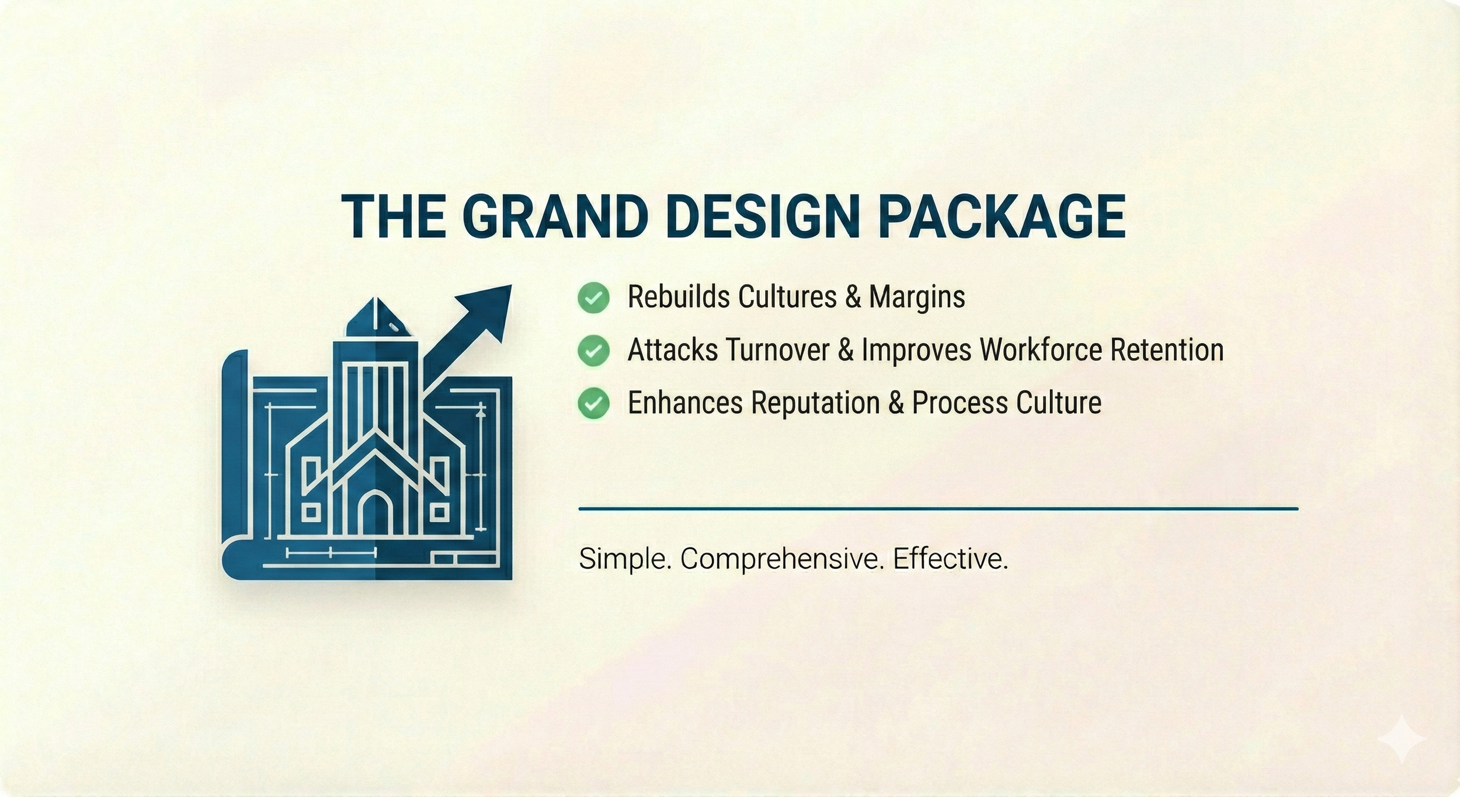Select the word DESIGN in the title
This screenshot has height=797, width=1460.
(x=763, y=216)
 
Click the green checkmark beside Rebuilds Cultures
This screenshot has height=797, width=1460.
(x=593, y=297)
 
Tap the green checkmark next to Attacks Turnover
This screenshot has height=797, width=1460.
(x=593, y=351)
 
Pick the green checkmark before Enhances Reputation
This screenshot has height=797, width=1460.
(x=593, y=403)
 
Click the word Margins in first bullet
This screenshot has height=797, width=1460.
(x=916, y=297)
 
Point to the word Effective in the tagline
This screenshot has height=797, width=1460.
(x=950, y=559)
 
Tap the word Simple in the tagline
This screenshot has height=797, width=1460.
(x=624, y=559)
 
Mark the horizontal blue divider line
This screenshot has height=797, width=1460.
(x=938, y=509)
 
